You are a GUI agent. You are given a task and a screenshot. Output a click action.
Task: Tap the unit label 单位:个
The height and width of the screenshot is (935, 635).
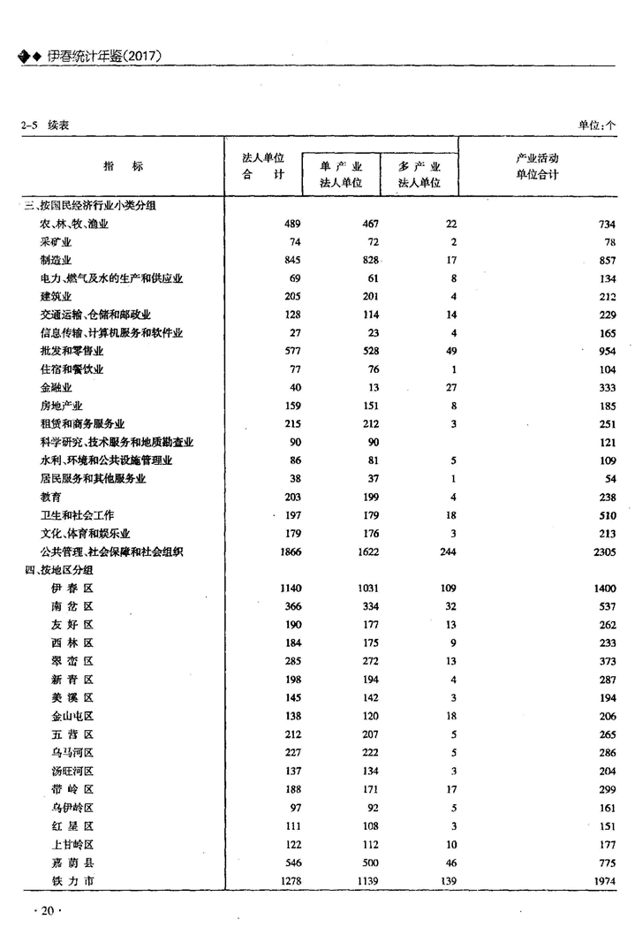(x=597, y=125)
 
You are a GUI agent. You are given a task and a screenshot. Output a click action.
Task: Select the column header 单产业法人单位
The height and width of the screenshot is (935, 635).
(x=341, y=175)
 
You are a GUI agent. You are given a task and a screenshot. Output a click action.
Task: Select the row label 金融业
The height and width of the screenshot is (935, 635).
(x=56, y=388)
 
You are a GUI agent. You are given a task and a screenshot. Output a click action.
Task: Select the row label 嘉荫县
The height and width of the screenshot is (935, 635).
(x=72, y=862)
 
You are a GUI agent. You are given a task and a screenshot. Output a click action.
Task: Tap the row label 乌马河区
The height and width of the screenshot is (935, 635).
(x=72, y=753)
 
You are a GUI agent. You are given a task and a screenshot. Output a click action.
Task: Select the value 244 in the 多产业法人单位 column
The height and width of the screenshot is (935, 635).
(x=446, y=551)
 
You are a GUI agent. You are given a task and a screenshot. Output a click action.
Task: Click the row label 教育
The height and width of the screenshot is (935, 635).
(x=50, y=497)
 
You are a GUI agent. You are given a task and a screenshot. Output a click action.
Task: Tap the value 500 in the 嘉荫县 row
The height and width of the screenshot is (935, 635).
(x=368, y=862)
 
